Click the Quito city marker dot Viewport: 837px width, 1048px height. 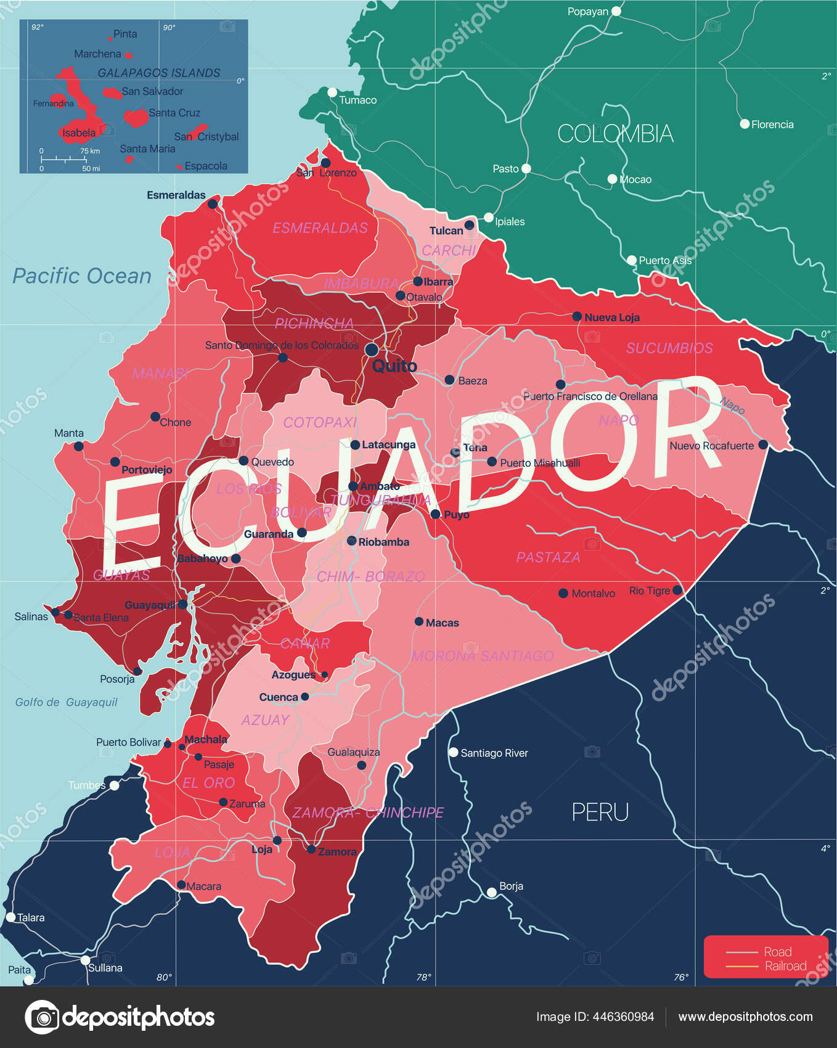tap(372, 350)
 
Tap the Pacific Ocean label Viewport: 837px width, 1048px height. tap(82, 276)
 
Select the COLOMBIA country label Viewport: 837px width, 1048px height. tap(614, 134)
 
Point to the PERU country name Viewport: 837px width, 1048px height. tap(600, 812)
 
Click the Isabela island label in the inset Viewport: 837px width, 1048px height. tap(79, 133)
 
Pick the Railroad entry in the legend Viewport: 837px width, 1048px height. tap(785, 966)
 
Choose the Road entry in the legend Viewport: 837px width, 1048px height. tap(777, 952)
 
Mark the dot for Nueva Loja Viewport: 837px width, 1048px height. tap(577, 316)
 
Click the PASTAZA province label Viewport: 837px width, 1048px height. tap(548, 557)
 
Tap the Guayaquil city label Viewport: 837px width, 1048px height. tap(150, 605)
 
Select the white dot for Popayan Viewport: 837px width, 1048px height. tap(616, 11)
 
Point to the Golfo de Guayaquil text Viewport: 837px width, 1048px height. tap(66, 702)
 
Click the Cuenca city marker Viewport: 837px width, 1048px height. tap(304, 697)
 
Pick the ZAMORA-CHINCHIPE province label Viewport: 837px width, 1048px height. tap(368, 813)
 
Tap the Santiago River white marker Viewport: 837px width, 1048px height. tap(454, 752)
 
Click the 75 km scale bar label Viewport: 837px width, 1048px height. tap(90, 151)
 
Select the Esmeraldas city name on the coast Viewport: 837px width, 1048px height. tap(176, 195)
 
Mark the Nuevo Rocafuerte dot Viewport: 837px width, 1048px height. tap(763, 444)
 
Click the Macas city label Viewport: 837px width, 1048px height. tap(442, 623)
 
